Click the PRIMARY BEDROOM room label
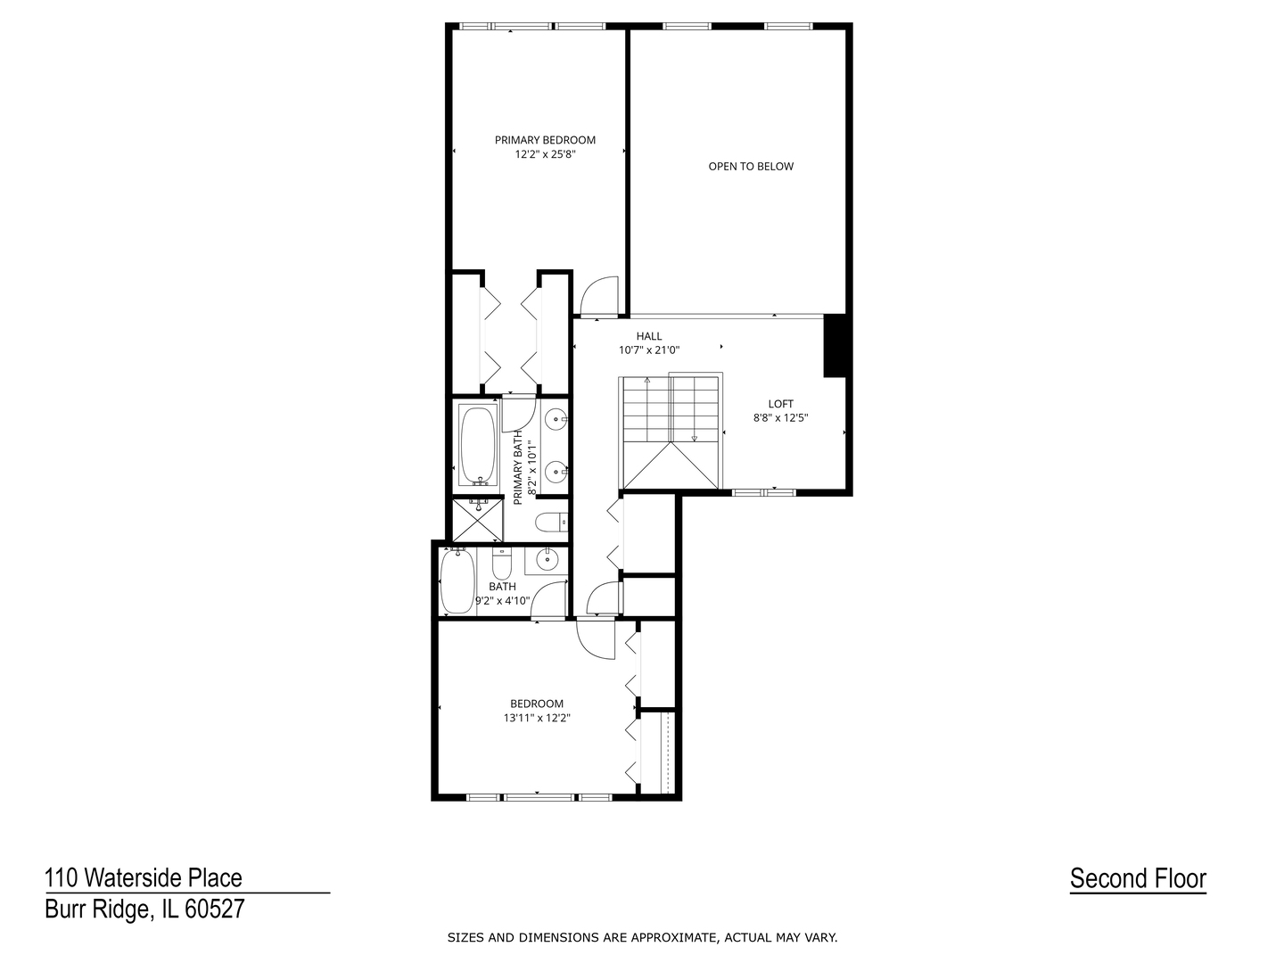click(545, 140)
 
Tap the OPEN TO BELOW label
click(751, 167)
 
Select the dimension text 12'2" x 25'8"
click(545, 154)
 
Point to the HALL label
click(649, 336)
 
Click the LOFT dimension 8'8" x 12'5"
click(780, 417)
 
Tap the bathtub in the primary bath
click(479, 445)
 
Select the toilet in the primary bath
click(547, 522)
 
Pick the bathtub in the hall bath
click(458, 582)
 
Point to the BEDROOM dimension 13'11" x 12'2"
click(536, 717)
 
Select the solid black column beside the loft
click(834, 346)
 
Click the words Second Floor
click(1138, 878)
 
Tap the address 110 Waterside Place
click(144, 878)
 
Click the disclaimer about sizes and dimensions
click(642, 937)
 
